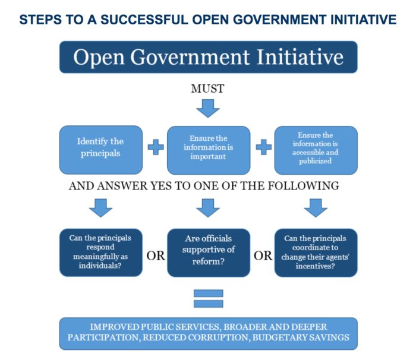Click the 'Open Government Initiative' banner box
[208, 57]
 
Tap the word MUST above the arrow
[207, 89]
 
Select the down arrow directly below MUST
[207, 108]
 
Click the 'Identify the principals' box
[100, 147]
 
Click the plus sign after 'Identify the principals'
[155, 147]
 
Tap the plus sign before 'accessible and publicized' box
[263, 147]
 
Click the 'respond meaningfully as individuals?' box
[100, 252]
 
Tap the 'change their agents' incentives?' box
[316, 252]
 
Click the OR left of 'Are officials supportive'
[155, 257]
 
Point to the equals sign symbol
[208, 298]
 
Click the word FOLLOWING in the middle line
[304, 185]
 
